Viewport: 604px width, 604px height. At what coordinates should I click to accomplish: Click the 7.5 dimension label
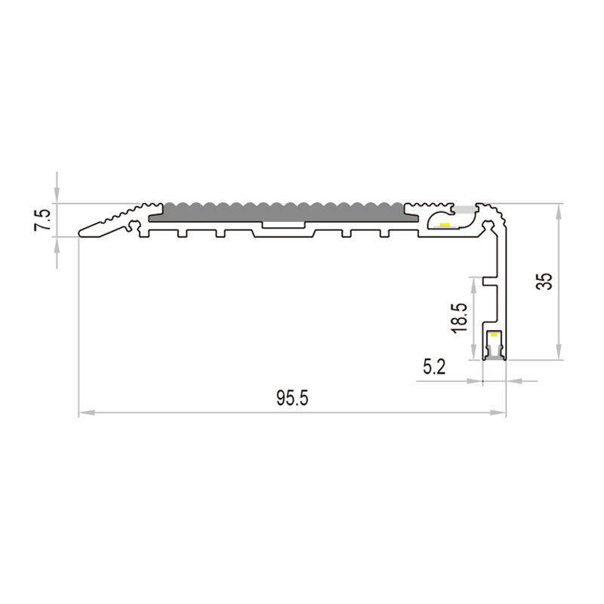pos(42,220)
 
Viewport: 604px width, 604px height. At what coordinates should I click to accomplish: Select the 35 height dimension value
pos(544,281)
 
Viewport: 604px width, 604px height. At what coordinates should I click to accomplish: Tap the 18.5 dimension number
pos(460,318)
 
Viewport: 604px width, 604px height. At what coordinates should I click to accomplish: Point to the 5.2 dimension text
pos(434,367)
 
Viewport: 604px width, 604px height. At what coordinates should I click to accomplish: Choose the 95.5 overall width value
pos(292,398)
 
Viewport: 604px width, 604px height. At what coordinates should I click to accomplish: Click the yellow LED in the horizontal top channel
pos(445,224)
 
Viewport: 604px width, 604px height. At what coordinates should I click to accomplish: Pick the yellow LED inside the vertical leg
pos(494,335)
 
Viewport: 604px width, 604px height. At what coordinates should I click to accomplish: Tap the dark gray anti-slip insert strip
pos(283,212)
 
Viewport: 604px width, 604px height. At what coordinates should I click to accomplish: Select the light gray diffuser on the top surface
pos(464,210)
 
